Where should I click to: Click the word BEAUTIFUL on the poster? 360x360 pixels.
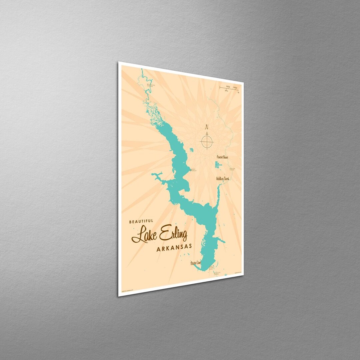click(141, 221)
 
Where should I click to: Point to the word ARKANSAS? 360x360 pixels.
click(174, 247)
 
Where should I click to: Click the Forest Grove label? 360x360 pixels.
click(222, 157)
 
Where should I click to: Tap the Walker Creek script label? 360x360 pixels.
click(223, 179)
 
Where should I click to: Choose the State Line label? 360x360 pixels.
click(196, 263)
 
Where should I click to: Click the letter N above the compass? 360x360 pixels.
click(207, 127)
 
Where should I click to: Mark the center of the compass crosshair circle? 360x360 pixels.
click(207, 142)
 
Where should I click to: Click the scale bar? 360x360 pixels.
click(229, 88)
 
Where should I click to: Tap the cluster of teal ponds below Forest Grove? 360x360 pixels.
click(218, 165)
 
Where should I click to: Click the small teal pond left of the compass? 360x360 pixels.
click(192, 150)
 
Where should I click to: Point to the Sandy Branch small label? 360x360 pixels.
click(193, 170)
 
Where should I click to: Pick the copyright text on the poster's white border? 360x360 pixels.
click(126, 290)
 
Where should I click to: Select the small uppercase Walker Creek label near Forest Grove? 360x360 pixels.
click(232, 169)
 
